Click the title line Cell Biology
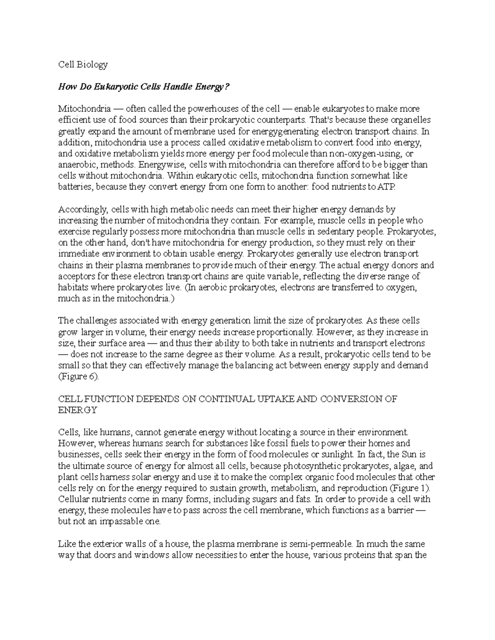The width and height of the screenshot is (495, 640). click(x=82, y=64)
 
